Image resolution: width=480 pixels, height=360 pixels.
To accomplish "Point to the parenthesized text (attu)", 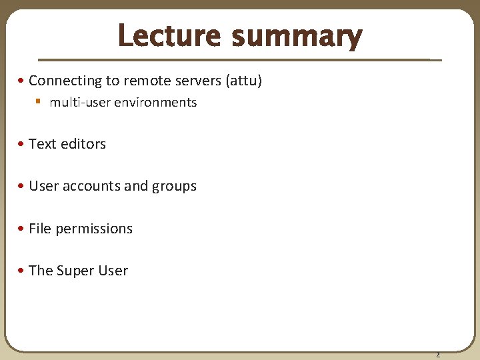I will point(244,81).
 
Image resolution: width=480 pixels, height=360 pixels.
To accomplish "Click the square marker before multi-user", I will point(39,103).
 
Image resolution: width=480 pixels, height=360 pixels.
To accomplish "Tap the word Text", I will point(43,144).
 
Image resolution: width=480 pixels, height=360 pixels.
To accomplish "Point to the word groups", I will point(174,187).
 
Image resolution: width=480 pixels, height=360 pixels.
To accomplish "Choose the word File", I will point(40,229).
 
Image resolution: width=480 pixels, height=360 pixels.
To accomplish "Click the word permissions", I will point(94,229).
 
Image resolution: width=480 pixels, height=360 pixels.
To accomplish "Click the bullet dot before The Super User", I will point(23,271).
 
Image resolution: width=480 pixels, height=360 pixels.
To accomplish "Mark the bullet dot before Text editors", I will point(23,144).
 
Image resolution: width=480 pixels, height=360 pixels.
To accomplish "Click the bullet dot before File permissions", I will point(23,229).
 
